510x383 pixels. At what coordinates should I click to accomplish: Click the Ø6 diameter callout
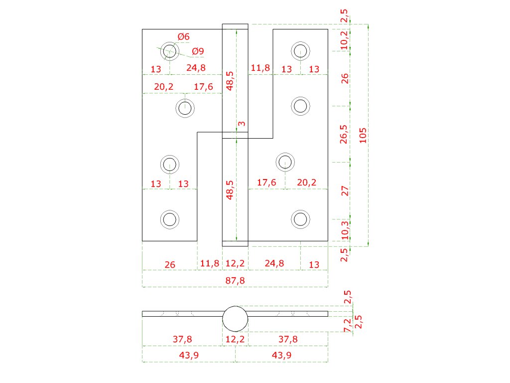click(x=184, y=36)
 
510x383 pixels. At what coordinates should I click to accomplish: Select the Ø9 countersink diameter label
click(x=198, y=51)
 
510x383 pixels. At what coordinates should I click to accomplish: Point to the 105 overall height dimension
click(x=363, y=135)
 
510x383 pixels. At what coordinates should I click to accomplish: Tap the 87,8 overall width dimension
click(x=235, y=280)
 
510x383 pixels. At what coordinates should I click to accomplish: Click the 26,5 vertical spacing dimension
click(x=344, y=134)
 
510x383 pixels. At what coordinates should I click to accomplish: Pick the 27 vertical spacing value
click(x=345, y=191)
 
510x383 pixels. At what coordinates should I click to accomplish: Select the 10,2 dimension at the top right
click(x=344, y=40)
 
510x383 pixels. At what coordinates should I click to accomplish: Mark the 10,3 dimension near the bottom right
click(x=345, y=230)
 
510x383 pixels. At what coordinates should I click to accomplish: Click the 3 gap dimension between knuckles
click(x=242, y=124)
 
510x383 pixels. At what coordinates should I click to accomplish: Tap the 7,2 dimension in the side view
click(x=347, y=325)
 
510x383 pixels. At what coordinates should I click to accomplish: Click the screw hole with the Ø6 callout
click(x=170, y=51)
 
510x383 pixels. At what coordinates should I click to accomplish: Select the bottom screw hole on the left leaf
click(x=170, y=219)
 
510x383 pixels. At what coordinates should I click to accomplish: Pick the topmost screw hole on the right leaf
click(x=300, y=51)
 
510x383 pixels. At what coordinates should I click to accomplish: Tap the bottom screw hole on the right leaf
click(x=300, y=219)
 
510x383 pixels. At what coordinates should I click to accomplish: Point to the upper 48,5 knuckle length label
click(x=230, y=81)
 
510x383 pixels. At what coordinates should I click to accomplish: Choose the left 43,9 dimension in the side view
click(x=189, y=355)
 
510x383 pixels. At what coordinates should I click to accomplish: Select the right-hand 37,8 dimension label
click(x=288, y=339)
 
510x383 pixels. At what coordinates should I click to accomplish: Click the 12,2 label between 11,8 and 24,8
click(x=235, y=263)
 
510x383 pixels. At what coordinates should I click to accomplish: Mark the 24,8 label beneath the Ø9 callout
click(x=196, y=68)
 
